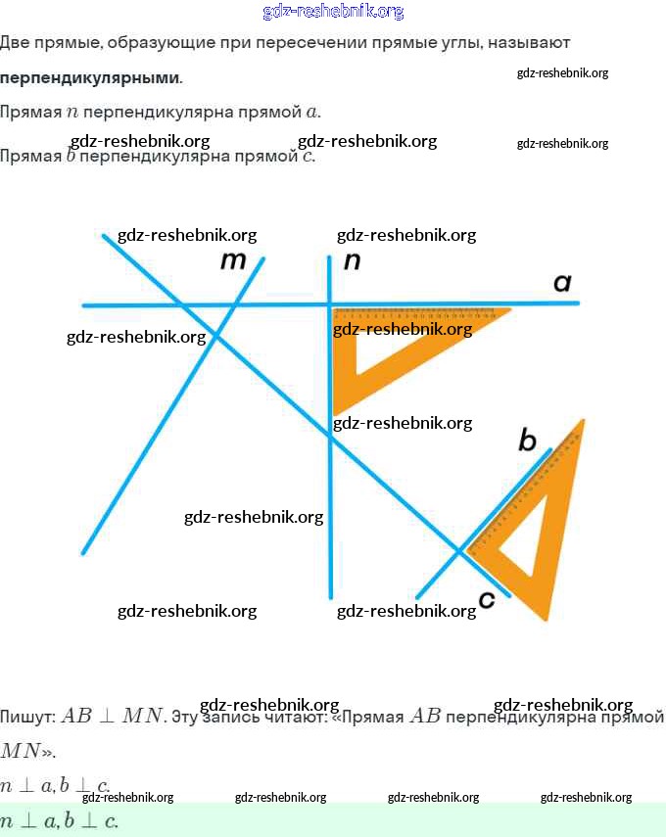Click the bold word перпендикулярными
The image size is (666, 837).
(x=90, y=77)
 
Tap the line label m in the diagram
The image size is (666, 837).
(x=233, y=260)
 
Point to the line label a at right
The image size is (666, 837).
(x=562, y=283)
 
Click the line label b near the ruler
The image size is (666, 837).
(x=527, y=442)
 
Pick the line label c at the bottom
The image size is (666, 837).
(x=487, y=599)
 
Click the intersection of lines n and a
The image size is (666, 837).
(x=330, y=304)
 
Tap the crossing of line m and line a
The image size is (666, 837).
(x=236, y=304)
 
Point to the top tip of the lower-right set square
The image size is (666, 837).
(x=583, y=421)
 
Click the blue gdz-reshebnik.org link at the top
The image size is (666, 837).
(x=333, y=12)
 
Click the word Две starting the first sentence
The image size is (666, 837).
(x=16, y=43)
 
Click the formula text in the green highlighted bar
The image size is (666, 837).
(x=59, y=821)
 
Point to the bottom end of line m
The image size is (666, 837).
(x=84, y=553)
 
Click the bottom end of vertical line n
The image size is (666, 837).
(x=331, y=596)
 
